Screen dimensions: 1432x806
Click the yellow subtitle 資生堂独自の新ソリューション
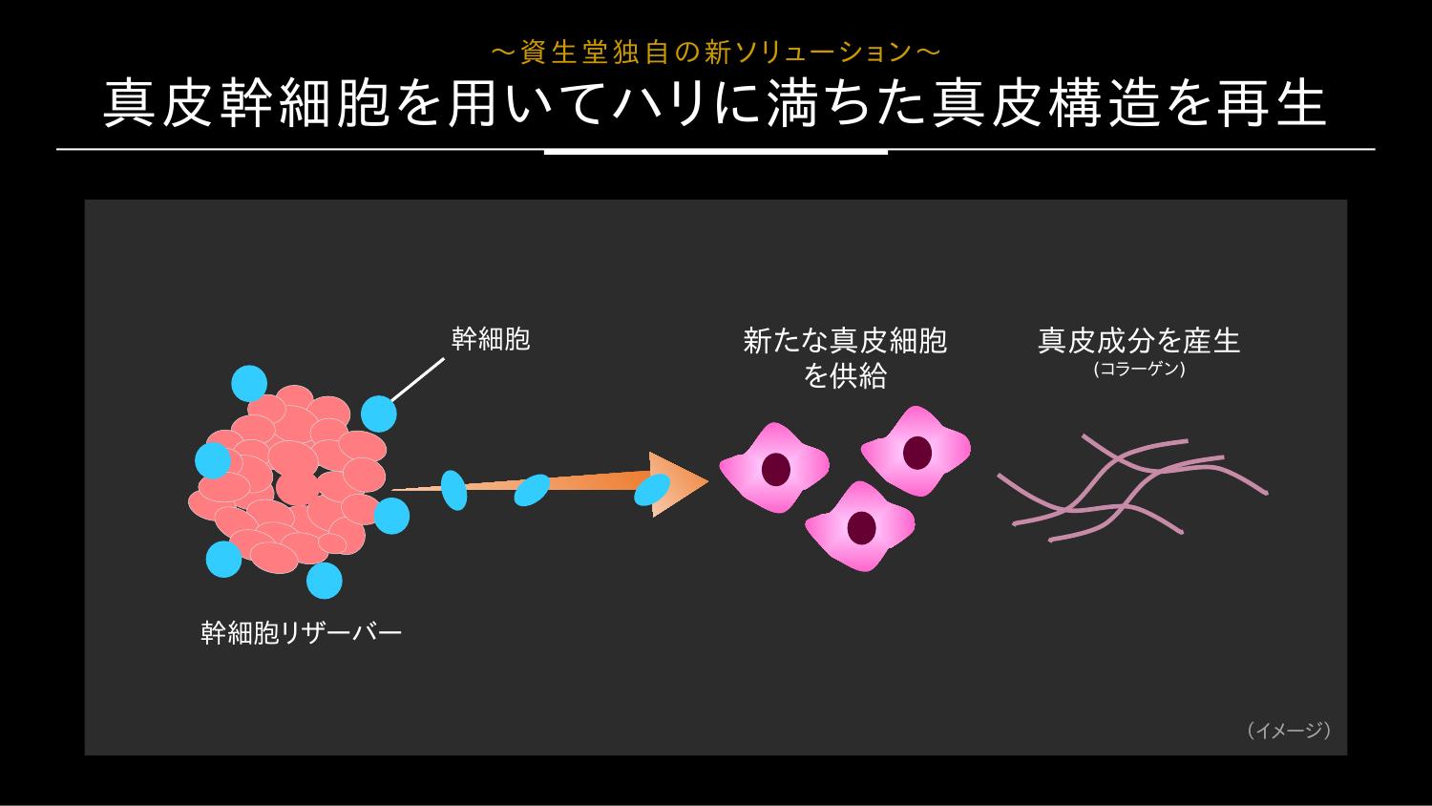pyautogui.click(x=716, y=53)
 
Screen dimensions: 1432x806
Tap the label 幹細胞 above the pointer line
pyautogui.click(x=491, y=339)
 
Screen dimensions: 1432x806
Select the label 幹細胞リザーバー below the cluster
pyautogui.click(x=301, y=633)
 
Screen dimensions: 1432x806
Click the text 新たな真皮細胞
pyautogui.click(x=845, y=341)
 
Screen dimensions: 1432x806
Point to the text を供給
pyautogui.click(x=845, y=375)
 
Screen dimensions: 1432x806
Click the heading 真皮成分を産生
pyautogui.click(x=1139, y=341)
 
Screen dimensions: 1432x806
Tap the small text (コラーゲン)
pyautogui.click(x=1139, y=370)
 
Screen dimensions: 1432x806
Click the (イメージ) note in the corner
pyautogui.click(x=1289, y=731)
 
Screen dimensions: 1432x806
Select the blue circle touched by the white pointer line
pyautogui.click(x=378, y=414)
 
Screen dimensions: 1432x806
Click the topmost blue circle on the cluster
pyautogui.click(x=249, y=383)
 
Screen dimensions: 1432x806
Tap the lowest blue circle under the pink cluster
pyautogui.click(x=325, y=581)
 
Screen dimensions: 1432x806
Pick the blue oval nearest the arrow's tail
pyautogui.click(x=453, y=490)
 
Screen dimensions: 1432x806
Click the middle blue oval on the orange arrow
pyautogui.click(x=532, y=490)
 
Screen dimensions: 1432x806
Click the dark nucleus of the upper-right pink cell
pyautogui.click(x=916, y=453)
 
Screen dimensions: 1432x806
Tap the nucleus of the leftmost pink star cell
pyautogui.click(x=775, y=469)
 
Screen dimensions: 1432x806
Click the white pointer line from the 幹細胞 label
pyautogui.click(x=417, y=380)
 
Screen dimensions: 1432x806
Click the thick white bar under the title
pyautogui.click(x=716, y=152)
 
